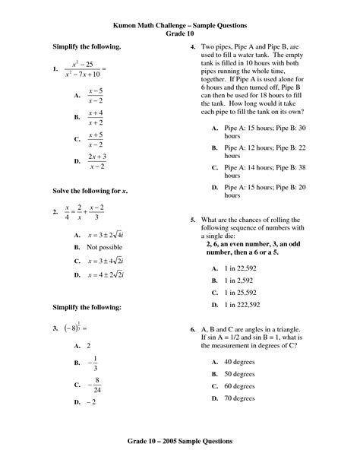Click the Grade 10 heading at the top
tap(179, 34)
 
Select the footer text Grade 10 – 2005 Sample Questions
tap(179, 441)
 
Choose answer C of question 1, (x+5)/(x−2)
tap(96, 139)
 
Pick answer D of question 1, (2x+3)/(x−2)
tap(96, 161)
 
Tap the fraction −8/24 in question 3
tap(96, 385)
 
